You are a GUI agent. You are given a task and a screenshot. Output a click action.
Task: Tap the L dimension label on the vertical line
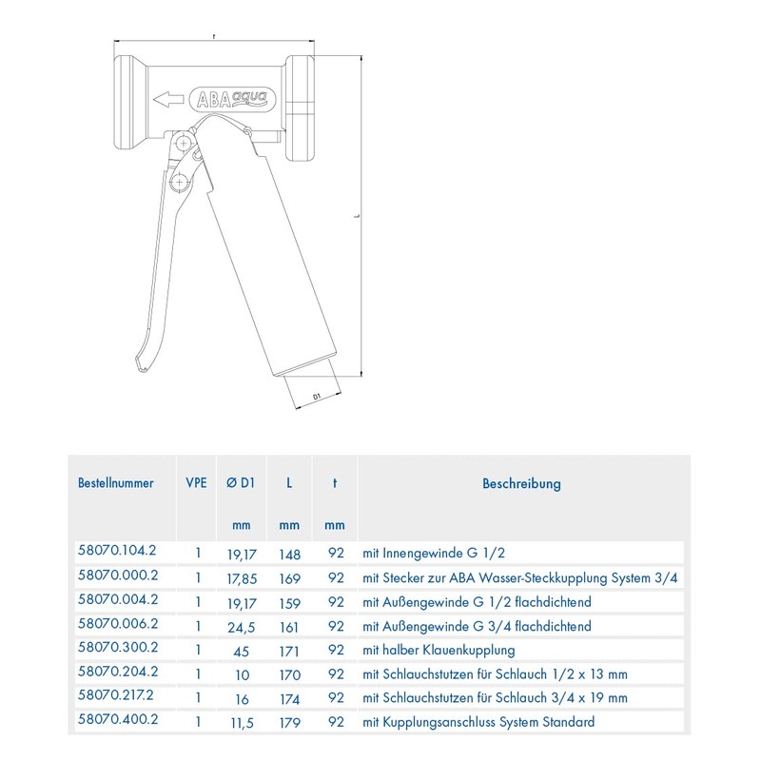357,217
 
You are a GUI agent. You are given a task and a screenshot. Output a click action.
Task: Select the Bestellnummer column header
115,483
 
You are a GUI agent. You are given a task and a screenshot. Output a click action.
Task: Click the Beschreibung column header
521,483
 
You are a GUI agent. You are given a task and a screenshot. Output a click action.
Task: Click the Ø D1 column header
242,483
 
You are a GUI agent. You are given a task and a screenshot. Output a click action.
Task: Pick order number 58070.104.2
116,553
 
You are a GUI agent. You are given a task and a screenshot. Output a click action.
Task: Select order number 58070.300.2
116,651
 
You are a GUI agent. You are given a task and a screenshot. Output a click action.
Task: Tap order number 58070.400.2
116,722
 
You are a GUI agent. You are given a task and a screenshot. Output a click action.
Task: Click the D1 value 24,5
242,626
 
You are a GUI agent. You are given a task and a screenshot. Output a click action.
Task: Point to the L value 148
290,553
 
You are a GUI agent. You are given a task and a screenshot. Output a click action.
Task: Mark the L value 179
290,722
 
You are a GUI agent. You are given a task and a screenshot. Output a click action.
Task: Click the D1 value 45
242,651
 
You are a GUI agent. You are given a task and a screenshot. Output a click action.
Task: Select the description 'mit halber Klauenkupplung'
438,651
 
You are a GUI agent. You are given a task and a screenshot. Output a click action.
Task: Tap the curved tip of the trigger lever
140,360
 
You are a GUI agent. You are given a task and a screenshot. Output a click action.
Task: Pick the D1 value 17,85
242,577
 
